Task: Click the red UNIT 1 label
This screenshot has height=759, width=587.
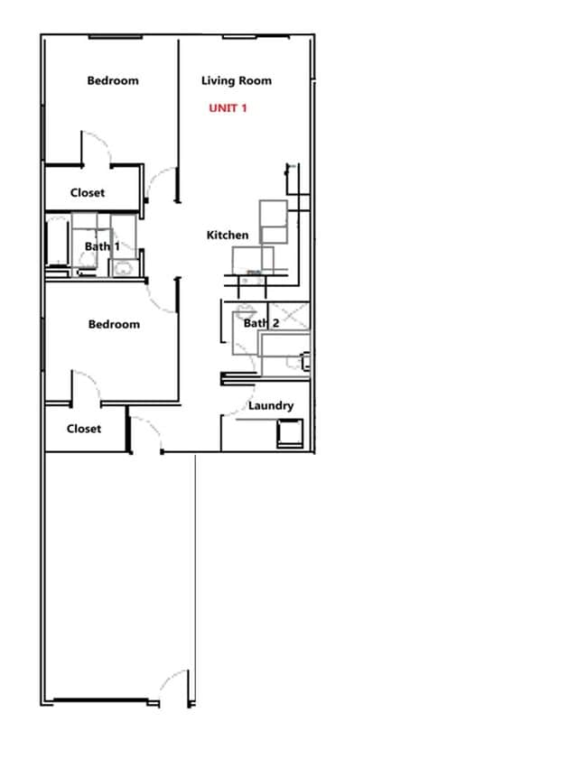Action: point(228,108)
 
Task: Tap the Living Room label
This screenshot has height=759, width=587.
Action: point(236,81)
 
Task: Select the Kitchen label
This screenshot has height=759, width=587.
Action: point(228,236)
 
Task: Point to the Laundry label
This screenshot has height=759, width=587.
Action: point(271,406)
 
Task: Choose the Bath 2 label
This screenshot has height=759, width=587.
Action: point(261,323)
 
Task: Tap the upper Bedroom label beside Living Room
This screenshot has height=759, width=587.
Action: point(113,81)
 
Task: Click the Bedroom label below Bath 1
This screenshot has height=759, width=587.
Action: point(114,325)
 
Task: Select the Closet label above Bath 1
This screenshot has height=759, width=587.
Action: point(88,193)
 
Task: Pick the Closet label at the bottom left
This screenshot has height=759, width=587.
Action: point(84,430)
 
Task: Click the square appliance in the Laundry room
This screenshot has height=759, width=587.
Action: point(290,434)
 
